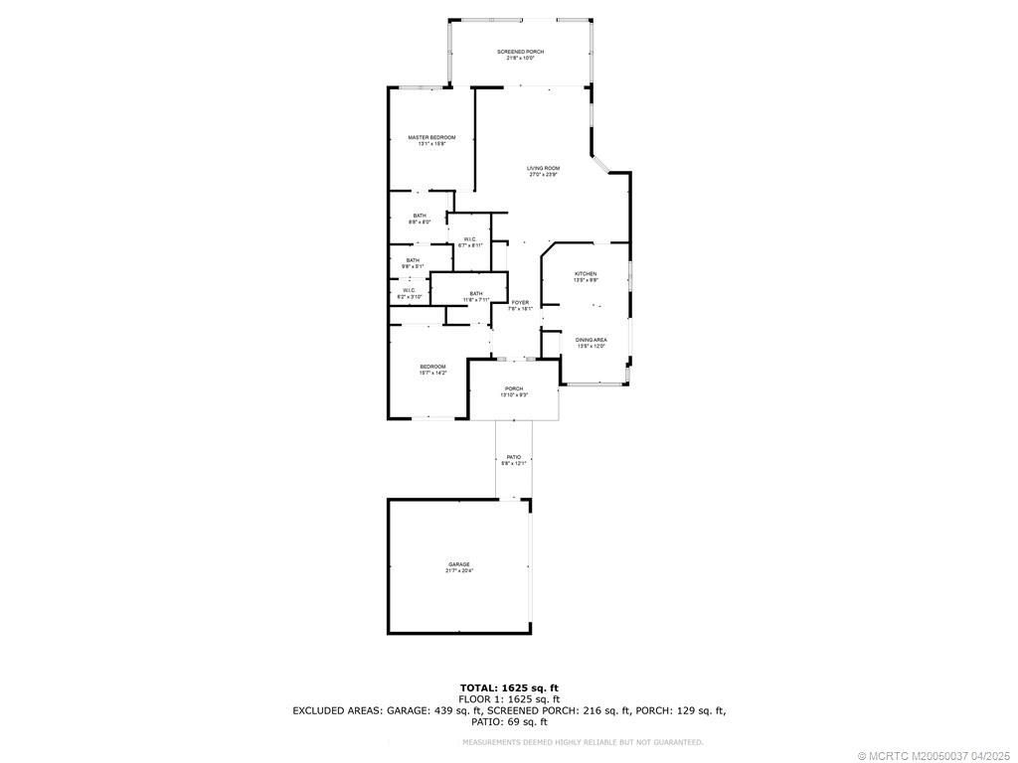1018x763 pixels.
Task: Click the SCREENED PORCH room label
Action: [521, 52]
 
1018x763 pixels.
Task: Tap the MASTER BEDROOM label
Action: [431, 137]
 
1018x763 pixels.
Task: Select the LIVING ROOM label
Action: [543, 169]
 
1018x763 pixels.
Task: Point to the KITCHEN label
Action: [586, 273]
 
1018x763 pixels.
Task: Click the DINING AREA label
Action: [592, 340]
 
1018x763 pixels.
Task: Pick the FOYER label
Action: [521, 302]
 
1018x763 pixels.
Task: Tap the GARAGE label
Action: [458, 564]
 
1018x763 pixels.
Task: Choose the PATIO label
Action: [514, 457]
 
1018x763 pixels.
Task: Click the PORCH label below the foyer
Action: [514, 388]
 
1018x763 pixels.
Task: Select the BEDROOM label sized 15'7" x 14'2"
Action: [432, 367]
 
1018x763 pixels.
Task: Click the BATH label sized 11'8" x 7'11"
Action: [476, 293]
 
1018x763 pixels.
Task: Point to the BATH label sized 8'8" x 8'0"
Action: [421, 216]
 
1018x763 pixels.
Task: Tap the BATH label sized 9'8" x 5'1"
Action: [413, 260]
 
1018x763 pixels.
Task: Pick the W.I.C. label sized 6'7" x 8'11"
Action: [469, 238]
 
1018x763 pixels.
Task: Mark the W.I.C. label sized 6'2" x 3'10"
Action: [410, 290]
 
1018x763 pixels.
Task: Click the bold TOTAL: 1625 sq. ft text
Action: [508, 687]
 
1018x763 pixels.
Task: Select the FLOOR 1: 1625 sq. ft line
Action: [508, 699]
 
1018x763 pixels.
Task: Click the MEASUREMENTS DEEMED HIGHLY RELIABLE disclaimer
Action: [583, 742]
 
